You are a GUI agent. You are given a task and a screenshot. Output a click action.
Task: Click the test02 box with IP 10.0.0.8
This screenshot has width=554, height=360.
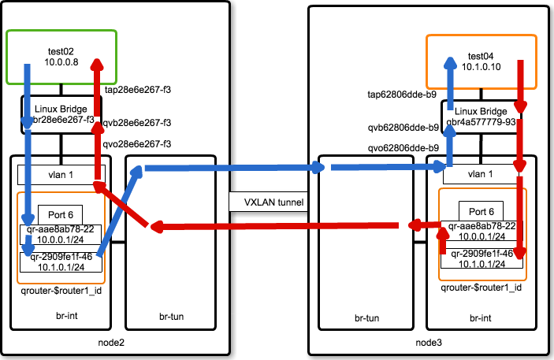pos(61,57)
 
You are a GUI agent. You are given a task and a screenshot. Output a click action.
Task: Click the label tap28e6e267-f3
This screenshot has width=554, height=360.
pos(138,91)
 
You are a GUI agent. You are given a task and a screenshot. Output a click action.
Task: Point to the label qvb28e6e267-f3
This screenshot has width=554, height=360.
pos(138,123)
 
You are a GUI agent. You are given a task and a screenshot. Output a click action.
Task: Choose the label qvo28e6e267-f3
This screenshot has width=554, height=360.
pos(138,144)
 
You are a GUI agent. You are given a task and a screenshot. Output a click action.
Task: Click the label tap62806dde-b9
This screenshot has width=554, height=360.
pos(402,94)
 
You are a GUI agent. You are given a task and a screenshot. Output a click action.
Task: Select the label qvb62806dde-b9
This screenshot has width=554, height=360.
pos(402,127)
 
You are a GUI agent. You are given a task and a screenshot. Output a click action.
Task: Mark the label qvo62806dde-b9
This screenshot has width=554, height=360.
pos(402,147)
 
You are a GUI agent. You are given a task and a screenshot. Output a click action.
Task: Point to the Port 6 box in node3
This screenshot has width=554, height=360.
pos(481,212)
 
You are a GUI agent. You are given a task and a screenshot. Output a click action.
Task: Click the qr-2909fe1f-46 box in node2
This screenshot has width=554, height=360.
pos(61,262)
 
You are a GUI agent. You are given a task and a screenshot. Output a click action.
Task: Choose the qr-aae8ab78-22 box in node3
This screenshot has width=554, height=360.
pos(481,232)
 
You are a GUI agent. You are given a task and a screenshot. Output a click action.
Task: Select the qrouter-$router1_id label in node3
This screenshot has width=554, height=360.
pos(481,288)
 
